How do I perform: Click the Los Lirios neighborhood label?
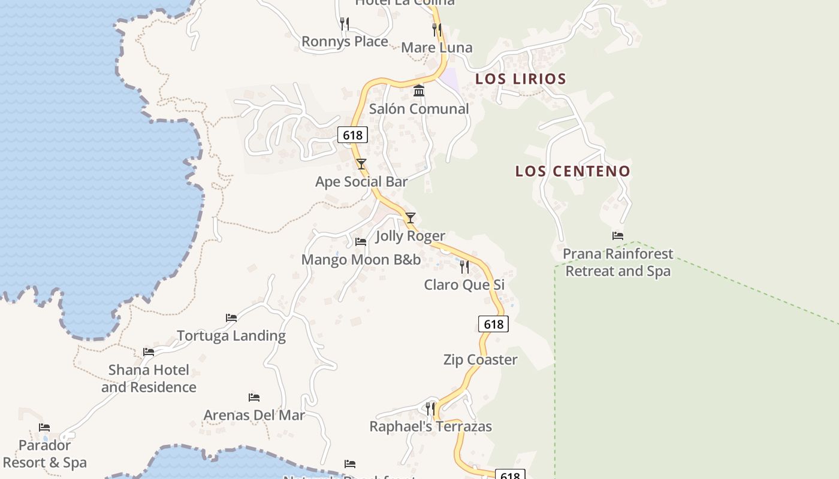[520, 79]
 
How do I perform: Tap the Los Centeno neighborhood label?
[573, 171]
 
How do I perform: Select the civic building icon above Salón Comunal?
[419, 91]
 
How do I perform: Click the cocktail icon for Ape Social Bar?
[361, 163]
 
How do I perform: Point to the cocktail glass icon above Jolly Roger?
[410, 218]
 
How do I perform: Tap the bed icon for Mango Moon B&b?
[361, 242]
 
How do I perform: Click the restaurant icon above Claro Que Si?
[464, 266]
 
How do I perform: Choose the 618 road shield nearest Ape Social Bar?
[352, 135]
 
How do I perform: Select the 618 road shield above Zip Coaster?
[493, 324]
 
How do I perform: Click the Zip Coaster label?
[480, 360]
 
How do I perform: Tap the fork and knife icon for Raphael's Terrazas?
[430, 409]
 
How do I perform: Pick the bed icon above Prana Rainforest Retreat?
[618, 236]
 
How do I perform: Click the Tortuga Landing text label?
[231, 336]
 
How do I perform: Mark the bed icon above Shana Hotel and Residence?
[149, 352]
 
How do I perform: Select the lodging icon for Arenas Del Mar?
[254, 398]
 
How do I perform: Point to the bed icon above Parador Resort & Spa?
[44, 428]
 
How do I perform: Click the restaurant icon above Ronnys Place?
[344, 24]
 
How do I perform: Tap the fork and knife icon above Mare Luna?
[436, 29]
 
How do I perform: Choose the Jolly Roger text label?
[410, 236]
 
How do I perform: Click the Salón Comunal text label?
[419, 109]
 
